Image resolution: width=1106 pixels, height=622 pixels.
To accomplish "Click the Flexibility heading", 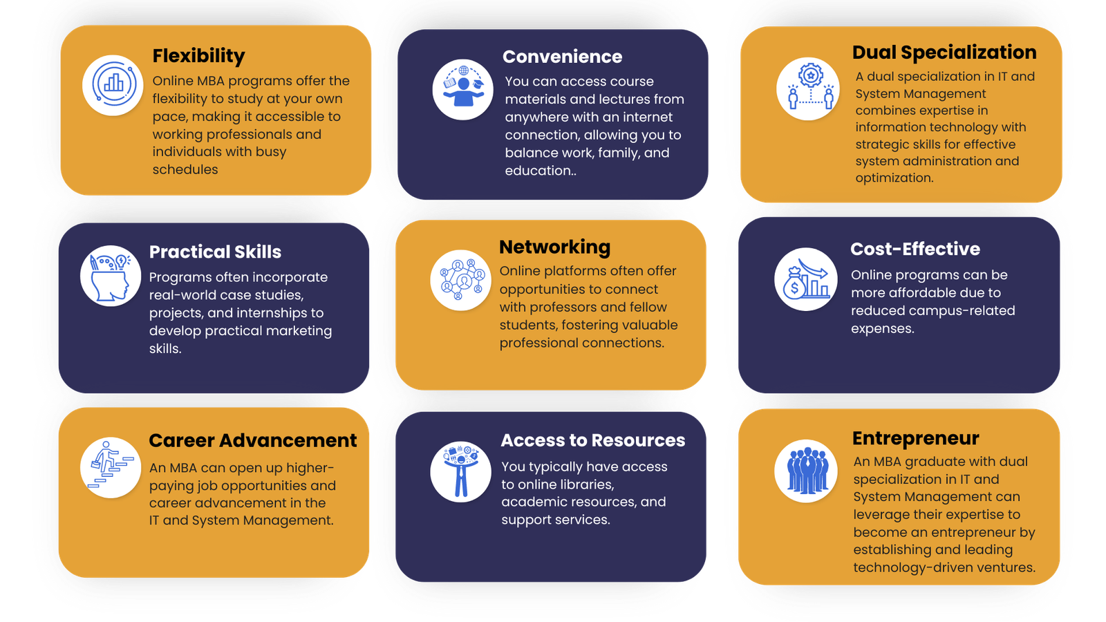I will (x=198, y=56).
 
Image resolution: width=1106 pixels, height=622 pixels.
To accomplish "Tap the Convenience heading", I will (x=562, y=57).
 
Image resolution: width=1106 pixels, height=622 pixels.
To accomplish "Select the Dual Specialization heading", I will (x=944, y=53).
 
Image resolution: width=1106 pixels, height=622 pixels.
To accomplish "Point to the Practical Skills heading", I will (x=215, y=252).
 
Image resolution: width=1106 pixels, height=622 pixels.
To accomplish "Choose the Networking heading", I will (x=554, y=247).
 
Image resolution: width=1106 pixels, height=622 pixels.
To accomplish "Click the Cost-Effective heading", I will (x=915, y=249).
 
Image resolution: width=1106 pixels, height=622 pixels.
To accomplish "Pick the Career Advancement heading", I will (x=253, y=441).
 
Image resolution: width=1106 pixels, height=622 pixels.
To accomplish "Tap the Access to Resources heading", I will (x=592, y=441).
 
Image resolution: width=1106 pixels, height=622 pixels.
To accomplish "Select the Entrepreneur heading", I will (x=915, y=439).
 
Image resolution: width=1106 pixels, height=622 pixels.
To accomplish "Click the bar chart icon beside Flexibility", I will (x=113, y=85).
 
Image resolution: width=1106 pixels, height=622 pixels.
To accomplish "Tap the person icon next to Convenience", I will (x=462, y=89).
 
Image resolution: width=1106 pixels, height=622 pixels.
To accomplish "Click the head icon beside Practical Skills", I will (x=111, y=276).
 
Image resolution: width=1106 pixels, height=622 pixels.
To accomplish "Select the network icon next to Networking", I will (x=461, y=280).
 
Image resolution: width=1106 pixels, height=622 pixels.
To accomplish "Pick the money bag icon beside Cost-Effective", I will (x=805, y=279).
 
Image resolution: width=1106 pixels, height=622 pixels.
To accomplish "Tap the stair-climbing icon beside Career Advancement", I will (x=111, y=467).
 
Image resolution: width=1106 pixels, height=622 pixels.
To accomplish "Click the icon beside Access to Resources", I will (x=460, y=471).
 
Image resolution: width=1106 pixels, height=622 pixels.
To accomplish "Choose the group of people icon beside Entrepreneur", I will (x=806, y=471).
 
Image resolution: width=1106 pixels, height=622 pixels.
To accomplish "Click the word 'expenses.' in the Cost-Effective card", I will (x=882, y=329).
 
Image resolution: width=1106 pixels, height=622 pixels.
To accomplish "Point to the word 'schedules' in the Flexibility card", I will (x=185, y=170).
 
